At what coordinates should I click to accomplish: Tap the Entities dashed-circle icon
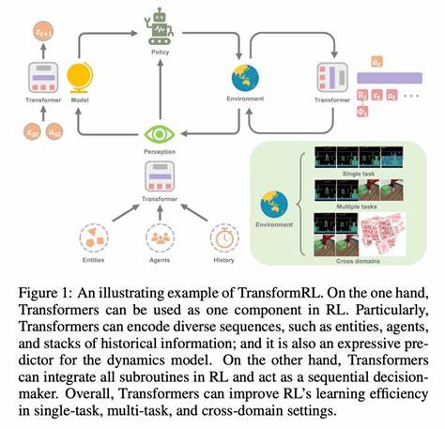[92, 238]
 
